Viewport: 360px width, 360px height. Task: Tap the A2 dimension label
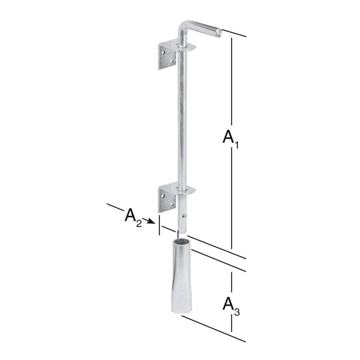coord(133,217)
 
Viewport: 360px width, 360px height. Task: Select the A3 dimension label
coord(231,306)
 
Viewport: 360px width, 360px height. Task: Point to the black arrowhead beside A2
coord(151,221)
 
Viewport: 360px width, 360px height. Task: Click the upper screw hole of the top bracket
coord(163,52)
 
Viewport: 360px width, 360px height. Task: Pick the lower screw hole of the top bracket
coord(172,61)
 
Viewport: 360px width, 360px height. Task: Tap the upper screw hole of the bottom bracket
coord(163,196)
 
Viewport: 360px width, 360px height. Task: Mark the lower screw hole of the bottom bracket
coord(172,204)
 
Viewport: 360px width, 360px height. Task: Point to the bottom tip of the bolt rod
coord(182,233)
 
